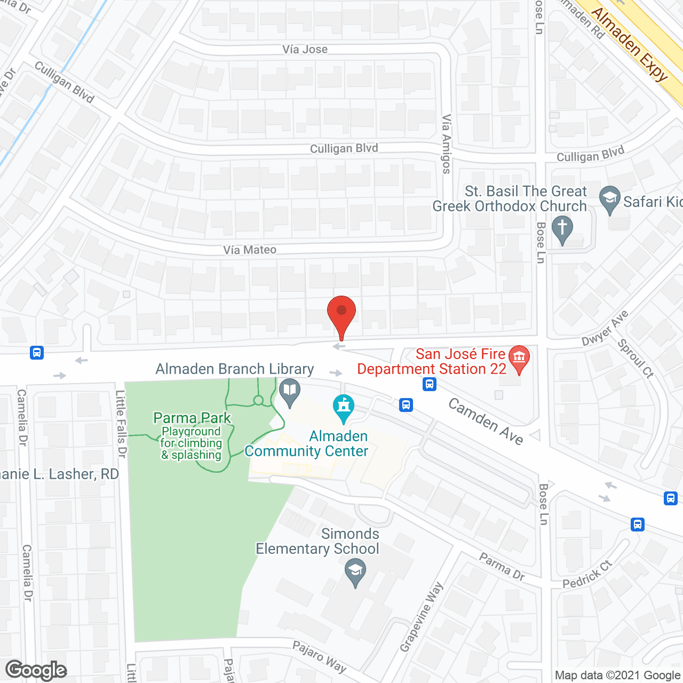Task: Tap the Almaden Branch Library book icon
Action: coord(290,392)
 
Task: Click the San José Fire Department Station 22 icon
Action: coord(519,359)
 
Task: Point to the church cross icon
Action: coord(562,229)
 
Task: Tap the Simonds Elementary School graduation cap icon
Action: coord(355,571)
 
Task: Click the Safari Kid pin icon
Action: coord(609,199)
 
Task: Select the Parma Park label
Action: coord(192,418)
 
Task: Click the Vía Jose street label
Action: coord(305,49)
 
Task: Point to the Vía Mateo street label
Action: coord(250,250)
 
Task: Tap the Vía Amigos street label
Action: coord(447,144)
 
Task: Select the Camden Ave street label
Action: coord(486,421)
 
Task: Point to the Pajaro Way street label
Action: coord(319,656)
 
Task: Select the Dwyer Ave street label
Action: coord(605,328)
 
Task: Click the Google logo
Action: coord(36,670)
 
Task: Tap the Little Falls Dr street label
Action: coord(122,424)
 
